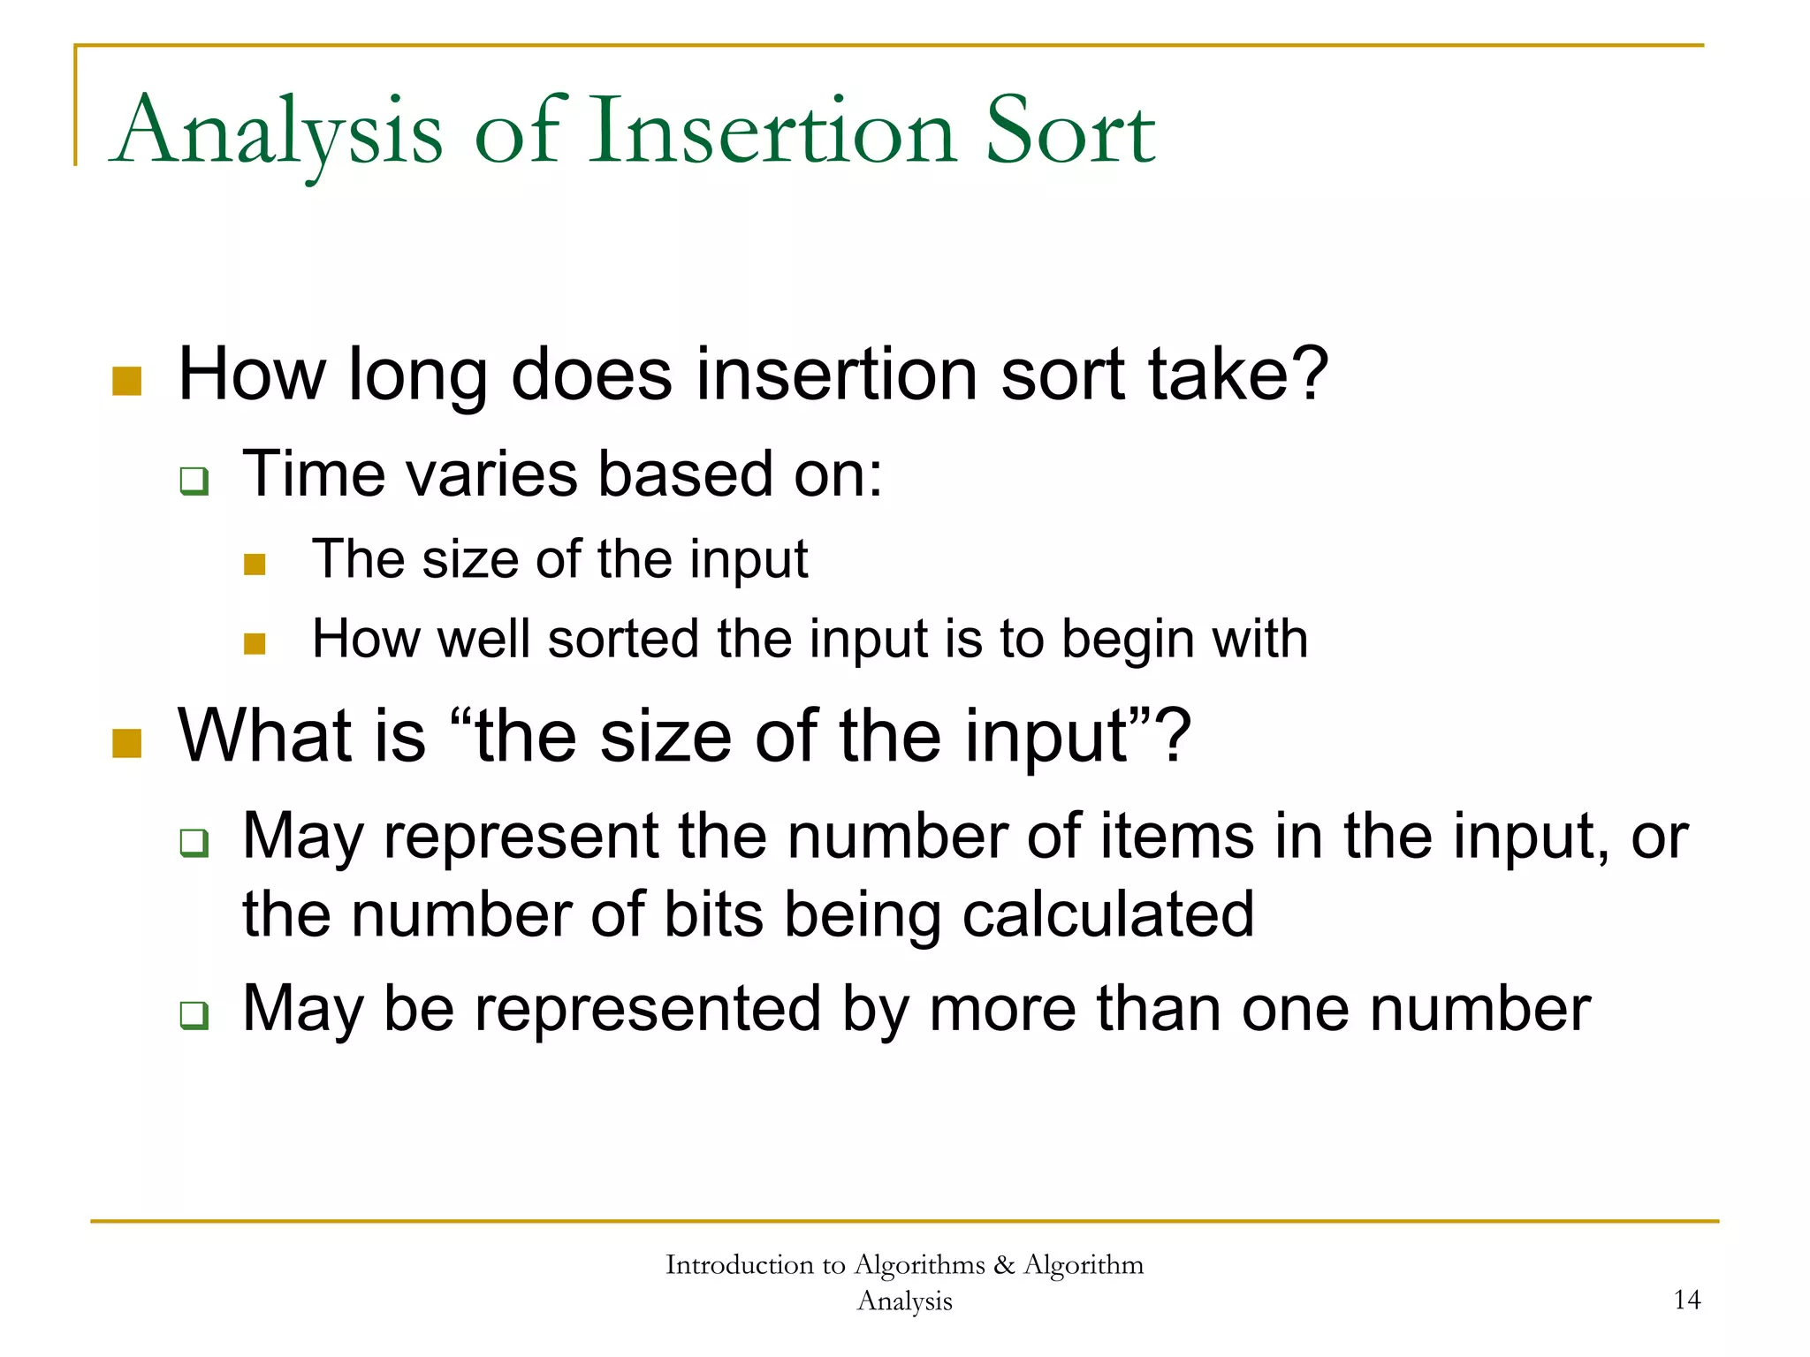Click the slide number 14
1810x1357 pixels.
pyautogui.click(x=1686, y=1300)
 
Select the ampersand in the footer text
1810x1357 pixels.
pyautogui.click(x=1004, y=1264)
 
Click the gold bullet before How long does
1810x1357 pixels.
pyautogui.click(x=127, y=382)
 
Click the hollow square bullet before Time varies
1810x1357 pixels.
pyautogui.click(x=194, y=481)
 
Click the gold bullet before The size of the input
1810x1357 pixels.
pyautogui.click(x=255, y=565)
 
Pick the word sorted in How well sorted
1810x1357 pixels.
pyautogui.click(x=623, y=639)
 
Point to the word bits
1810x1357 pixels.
pyautogui.click(x=713, y=914)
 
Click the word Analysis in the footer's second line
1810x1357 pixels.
pyautogui.click(x=904, y=1301)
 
